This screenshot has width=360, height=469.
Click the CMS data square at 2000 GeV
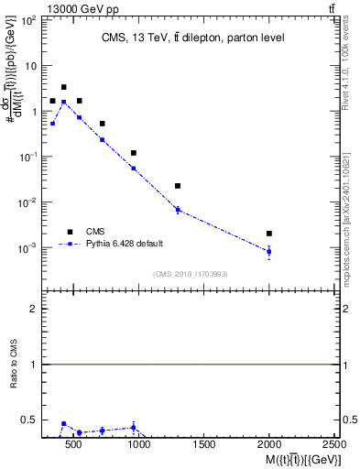pyautogui.click(x=268, y=234)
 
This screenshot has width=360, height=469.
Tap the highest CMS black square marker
pyautogui.click(x=63, y=87)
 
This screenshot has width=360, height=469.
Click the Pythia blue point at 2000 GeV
pyautogui.click(x=268, y=251)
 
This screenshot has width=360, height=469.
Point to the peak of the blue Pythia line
pyautogui.click(x=63, y=102)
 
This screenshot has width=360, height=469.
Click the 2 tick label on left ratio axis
pyautogui.click(x=33, y=309)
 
